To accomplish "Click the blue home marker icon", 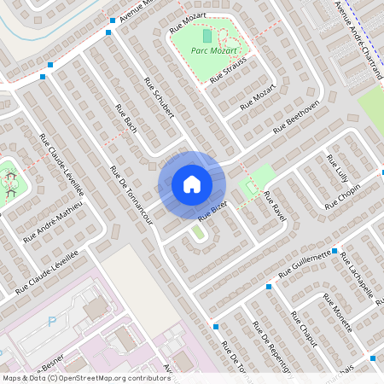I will tap(192, 184).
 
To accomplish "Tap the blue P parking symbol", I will tap(50, 322).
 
